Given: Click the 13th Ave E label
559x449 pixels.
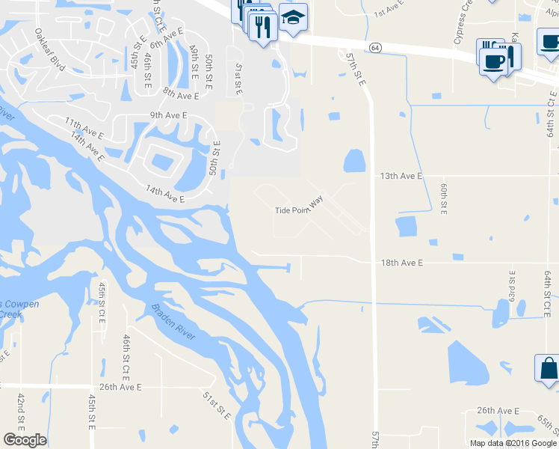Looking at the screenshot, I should [x=401, y=176].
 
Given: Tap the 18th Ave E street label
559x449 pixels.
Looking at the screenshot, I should [x=401, y=263].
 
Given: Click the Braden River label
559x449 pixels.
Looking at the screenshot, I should [x=173, y=322].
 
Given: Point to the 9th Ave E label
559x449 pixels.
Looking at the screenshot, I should [x=168, y=114].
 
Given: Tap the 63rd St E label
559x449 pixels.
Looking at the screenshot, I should [x=512, y=287].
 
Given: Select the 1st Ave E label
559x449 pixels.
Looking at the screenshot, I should [x=389, y=10].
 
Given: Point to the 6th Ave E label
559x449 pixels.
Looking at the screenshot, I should [x=166, y=39].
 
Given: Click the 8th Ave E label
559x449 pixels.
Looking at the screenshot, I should [x=181, y=95].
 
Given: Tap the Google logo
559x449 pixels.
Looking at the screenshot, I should [x=25, y=440].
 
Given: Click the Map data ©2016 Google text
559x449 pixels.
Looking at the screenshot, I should [x=513, y=443].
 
